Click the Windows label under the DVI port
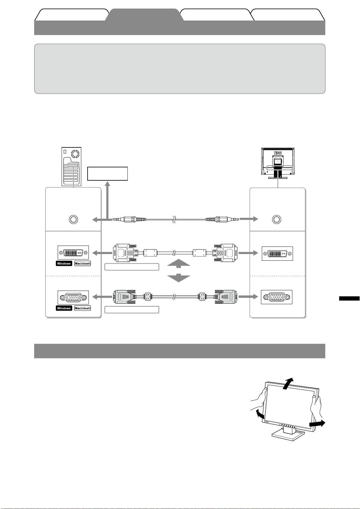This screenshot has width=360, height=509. click(x=64, y=263)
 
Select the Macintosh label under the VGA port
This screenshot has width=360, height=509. click(x=82, y=308)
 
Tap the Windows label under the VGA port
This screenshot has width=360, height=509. click(x=64, y=308)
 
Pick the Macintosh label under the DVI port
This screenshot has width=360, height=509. click(x=82, y=263)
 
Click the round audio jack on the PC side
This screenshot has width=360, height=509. click(x=73, y=219)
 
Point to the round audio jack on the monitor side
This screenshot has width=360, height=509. click(x=276, y=219)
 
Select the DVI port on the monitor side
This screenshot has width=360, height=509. click(x=277, y=253)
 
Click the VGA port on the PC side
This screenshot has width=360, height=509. click(x=73, y=298)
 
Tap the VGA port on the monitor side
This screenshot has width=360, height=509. click(x=276, y=297)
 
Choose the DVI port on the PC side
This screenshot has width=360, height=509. click(x=73, y=253)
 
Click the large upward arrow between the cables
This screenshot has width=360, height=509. click(x=178, y=263)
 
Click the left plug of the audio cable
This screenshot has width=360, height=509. click(x=129, y=219)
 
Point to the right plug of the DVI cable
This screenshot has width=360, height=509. click(x=225, y=253)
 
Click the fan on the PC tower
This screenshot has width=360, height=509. click(x=76, y=154)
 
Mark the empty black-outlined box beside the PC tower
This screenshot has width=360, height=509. click(x=108, y=174)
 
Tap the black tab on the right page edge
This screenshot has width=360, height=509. click(x=349, y=298)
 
